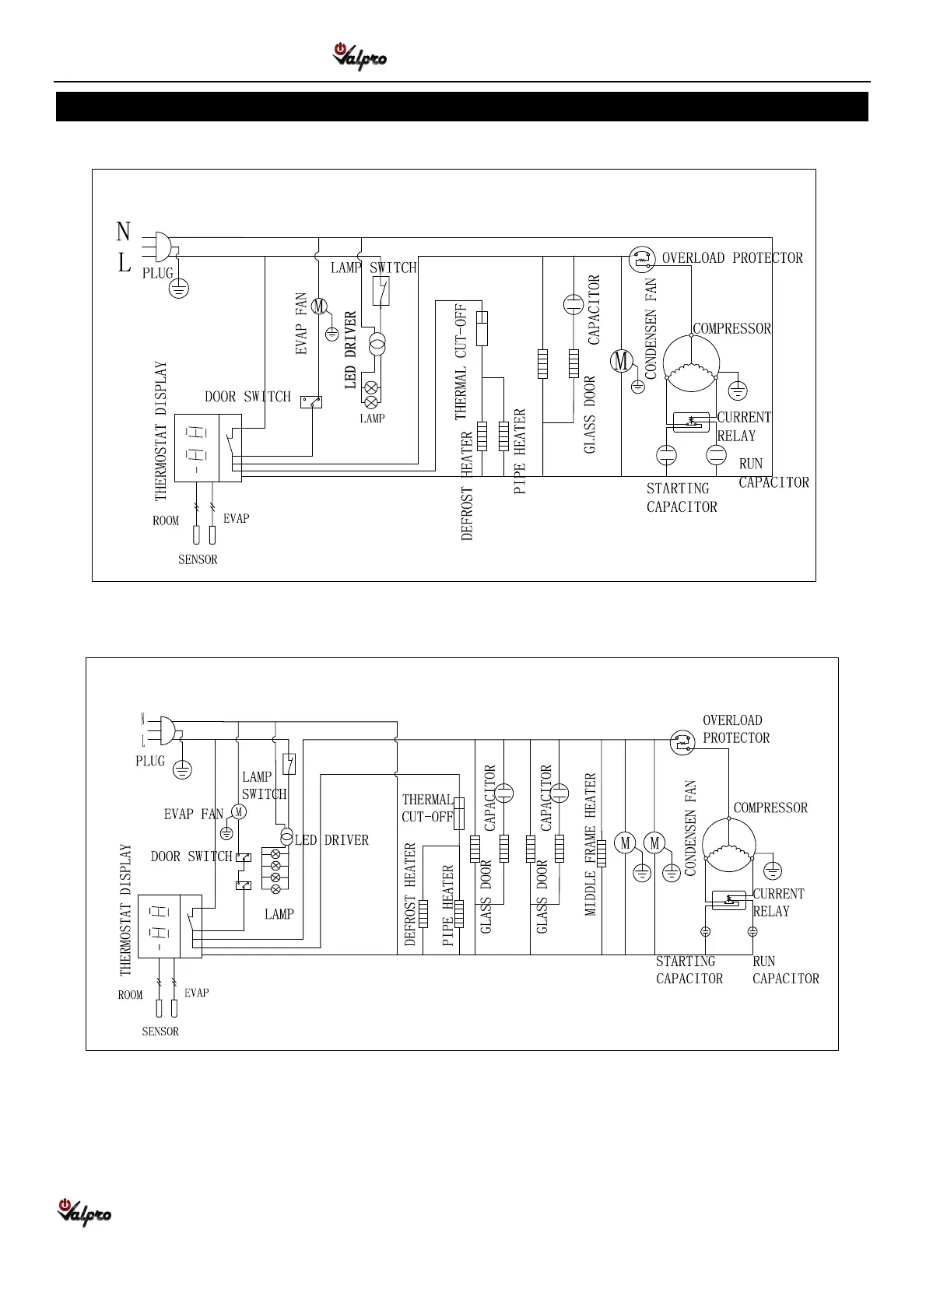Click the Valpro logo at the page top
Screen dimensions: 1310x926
pyautogui.click(x=360, y=57)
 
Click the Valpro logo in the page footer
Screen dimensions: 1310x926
pyautogui.click(x=84, y=1212)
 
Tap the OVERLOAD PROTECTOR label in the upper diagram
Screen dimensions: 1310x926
pyautogui.click(x=731, y=258)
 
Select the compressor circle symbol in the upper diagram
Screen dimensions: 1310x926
pyautogui.click(x=690, y=363)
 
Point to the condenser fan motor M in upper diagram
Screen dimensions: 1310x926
pyautogui.click(x=621, y=361)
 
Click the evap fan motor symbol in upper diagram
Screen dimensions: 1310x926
pyautogui.click(x=319, y=306)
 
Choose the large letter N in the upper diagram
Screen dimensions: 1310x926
pyautogui.click(x=123, y=232)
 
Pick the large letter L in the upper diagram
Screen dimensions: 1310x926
pyautogui.click(x=124, y=264)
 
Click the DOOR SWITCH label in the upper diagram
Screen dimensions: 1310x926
pyautogui.click(x=247, y=397)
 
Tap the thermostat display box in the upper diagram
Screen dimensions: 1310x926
pyautogui.click(x=208, y=448)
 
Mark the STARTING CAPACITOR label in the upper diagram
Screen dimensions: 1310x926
pyautogui.click(x=681, y=498)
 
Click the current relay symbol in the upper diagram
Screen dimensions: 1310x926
pyautogui.click(x=691, y=422)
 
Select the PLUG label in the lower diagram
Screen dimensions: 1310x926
pyautogui.click(x=150, y=761)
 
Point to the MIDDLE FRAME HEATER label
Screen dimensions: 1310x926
pyautogui.click(x=591, y=844)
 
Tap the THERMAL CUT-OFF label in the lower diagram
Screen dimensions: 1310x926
pyautogui.click(x=426, y=808)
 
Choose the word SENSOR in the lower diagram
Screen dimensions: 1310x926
pyautogui.click(x=160, y=1032)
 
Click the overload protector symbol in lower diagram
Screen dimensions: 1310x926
pyautogui.click(x=682, y=742)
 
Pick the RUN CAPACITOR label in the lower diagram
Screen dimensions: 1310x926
pyautogui.click(x=785, y=970)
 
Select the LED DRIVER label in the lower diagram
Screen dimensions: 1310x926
pyautogui.click(x=331, y=840)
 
